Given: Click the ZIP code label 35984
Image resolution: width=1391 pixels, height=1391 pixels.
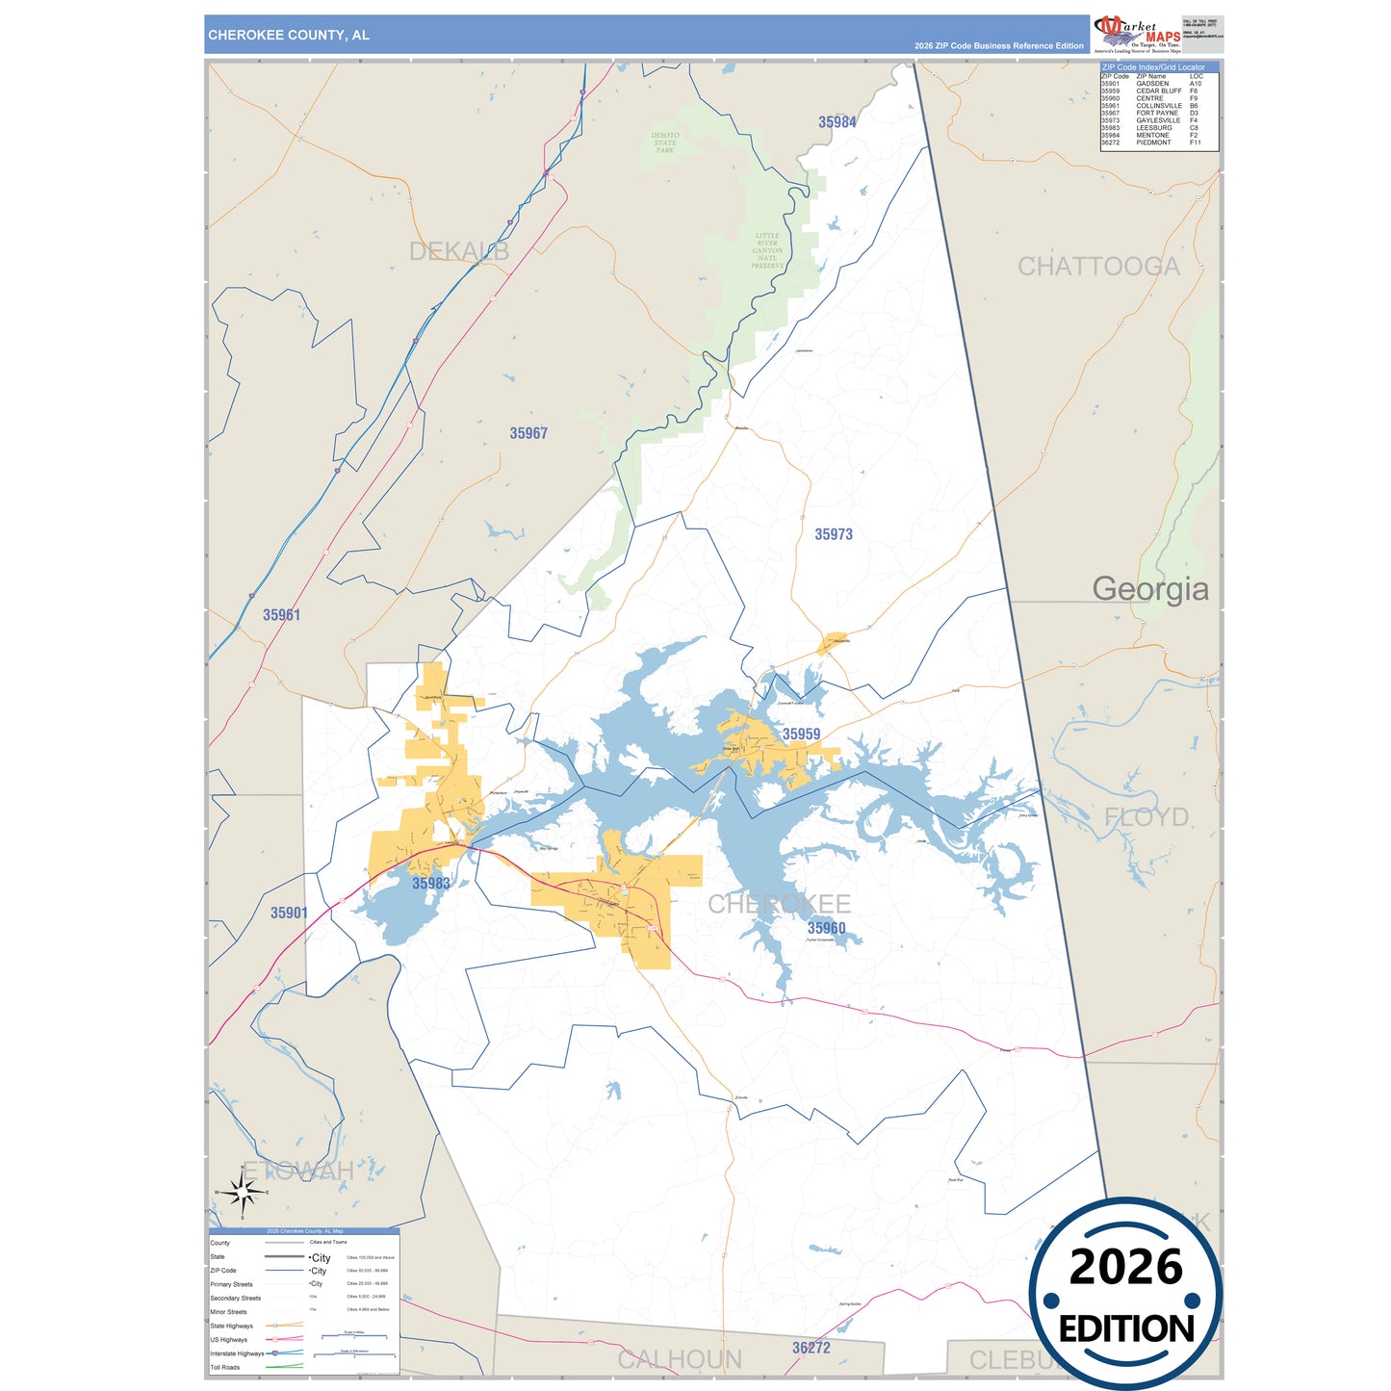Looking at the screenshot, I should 837,122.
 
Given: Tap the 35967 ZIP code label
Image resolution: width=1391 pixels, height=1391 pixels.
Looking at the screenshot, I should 528,434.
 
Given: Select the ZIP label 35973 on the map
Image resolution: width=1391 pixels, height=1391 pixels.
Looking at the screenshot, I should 833,534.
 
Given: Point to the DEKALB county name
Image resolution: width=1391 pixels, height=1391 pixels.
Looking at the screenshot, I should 459,251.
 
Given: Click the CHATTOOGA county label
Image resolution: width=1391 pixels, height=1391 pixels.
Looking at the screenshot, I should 1098,267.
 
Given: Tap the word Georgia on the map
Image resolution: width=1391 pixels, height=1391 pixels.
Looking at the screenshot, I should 1149,588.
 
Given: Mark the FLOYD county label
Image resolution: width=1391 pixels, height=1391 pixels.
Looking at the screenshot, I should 1146,817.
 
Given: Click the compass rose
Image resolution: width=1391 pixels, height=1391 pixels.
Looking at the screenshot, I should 242,1192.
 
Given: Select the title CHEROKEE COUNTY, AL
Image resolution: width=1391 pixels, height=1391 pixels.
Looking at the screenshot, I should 289,35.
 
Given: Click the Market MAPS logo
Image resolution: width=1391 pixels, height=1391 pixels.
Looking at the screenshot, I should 1137,34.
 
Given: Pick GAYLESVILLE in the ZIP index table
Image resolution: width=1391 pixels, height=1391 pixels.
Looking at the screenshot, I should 1158,120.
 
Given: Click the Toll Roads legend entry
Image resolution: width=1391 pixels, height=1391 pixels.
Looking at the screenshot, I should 225,1367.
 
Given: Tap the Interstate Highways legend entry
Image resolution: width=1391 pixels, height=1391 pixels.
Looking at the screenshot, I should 237,1353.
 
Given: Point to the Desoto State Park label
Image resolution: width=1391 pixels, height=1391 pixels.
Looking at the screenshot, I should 665,142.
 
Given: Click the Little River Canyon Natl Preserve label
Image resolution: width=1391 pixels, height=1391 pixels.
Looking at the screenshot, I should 767,250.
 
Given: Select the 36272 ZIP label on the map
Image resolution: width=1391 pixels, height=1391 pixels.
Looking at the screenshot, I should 811,1348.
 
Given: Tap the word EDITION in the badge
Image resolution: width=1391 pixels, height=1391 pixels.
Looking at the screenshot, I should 1125,1329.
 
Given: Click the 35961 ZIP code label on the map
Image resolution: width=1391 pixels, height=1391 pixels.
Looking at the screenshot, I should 281,615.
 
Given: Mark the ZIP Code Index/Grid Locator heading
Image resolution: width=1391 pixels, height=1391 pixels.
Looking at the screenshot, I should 1152,67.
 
